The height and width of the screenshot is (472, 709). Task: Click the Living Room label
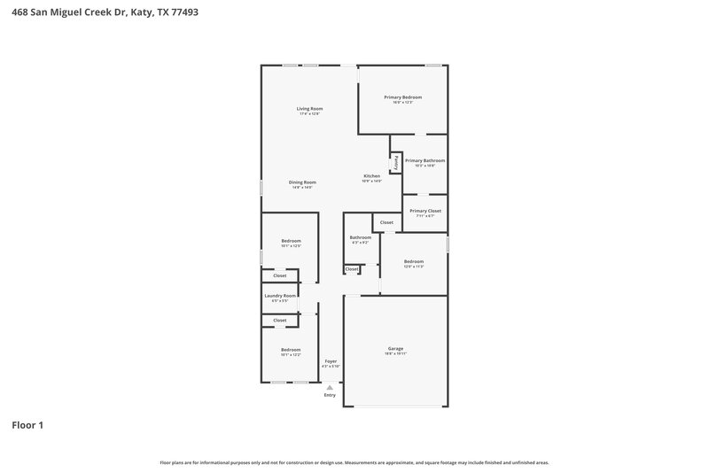pos(309,109)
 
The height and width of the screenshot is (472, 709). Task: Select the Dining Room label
pos(302,182)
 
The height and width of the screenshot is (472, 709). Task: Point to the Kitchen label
pos(371,176)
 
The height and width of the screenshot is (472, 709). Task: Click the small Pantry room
pos(396,163)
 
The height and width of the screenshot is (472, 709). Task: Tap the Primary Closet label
pos(425,211)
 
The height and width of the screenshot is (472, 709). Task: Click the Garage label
pos(395,349)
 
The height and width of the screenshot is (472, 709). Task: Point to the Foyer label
pos(331,361)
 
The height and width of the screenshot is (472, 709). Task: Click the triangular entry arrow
pos(330,388)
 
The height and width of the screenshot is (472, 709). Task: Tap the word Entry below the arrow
pos(330,396)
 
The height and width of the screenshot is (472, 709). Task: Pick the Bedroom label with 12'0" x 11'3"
pos(413,261)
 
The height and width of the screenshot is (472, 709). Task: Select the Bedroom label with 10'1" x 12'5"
pos(291,241)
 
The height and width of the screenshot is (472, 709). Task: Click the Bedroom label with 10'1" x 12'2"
pos(291,350)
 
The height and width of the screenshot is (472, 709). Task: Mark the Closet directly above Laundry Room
pos(279,275)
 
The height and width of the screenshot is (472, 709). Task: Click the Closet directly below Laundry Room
pos(279,320)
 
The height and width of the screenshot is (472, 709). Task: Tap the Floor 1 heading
pos(27,425)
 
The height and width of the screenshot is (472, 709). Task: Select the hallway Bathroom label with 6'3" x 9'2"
pos(360,237)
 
